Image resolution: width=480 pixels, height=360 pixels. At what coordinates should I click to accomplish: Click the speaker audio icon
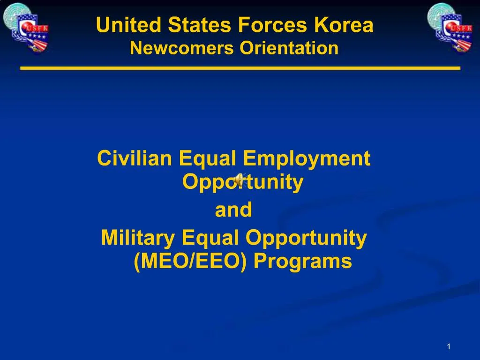click(x=240, y=180)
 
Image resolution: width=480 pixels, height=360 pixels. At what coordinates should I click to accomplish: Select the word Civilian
click(x=135, y=159)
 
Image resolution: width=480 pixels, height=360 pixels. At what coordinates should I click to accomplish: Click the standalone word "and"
click(x=233, y=210)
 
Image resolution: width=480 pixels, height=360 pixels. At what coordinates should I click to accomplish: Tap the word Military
click(x=138, y=239)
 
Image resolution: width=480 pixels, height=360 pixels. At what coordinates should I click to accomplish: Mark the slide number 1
click(x=449, y=346)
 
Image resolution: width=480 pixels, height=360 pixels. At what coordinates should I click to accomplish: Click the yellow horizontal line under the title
click(x=240, y=68)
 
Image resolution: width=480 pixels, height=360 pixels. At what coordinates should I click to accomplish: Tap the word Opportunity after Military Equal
click(x=306, y=239)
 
